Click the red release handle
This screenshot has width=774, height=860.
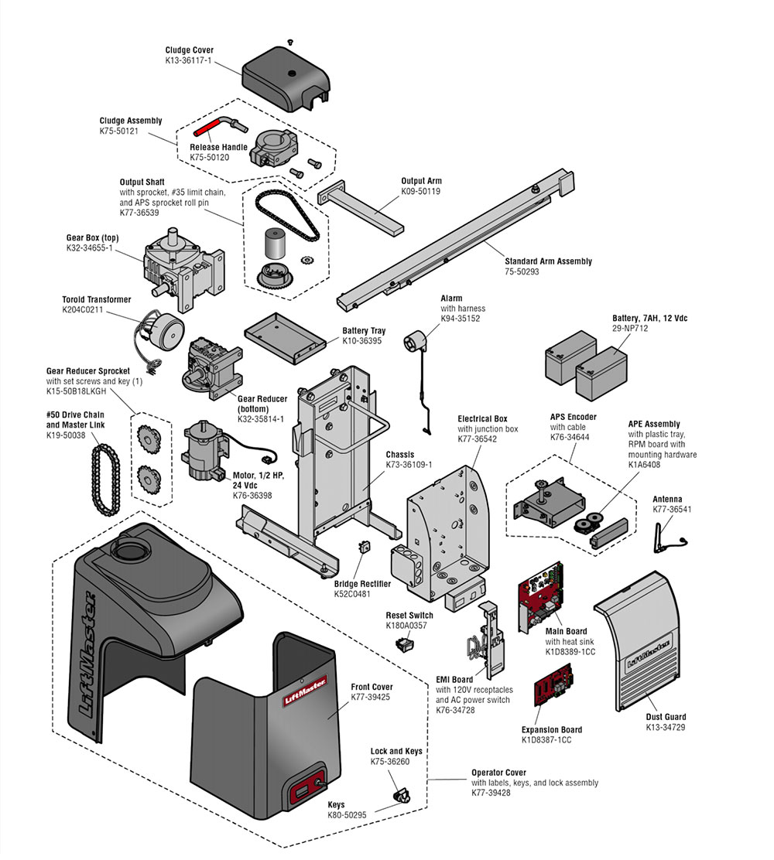pos(210,125)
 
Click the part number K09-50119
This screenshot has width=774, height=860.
pos(420,191)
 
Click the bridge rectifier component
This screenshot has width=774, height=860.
pos(361,548)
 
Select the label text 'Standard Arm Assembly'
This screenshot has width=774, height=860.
pos(548,261)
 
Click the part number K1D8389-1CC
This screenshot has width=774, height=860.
pos(570,653)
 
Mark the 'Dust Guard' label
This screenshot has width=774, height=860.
pos(666,717)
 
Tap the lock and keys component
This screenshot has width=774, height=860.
pos(402,795)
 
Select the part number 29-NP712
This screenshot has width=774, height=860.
pos(630,329)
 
